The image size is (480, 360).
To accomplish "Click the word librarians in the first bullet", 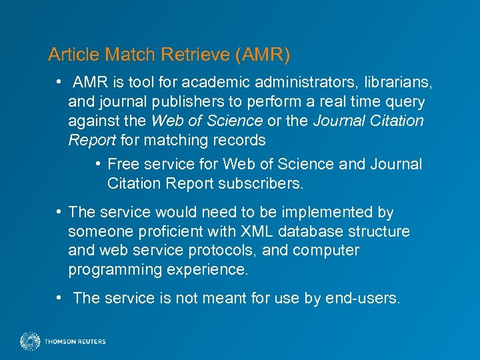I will click(x=397, y=83).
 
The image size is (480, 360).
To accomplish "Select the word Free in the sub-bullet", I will click(x=123, y=164).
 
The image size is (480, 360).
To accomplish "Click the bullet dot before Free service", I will click(x=98, y=164).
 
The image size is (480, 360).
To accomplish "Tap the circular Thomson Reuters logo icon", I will click(x=30, y=341).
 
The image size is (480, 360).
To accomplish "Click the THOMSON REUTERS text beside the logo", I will click(x=75, y=342).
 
